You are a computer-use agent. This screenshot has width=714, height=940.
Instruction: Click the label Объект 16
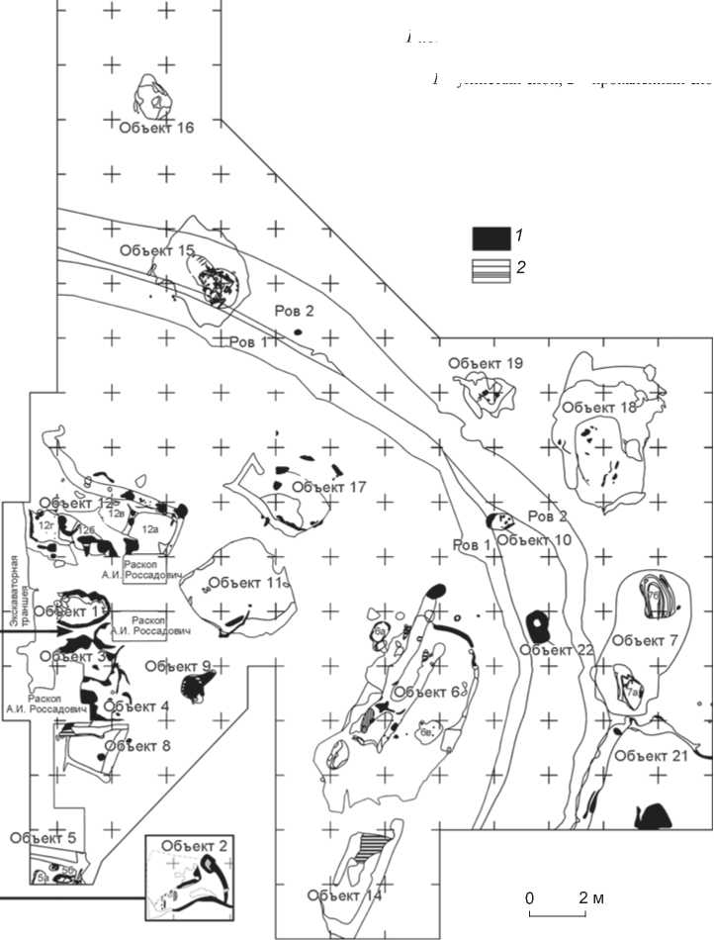[x=156, y=127]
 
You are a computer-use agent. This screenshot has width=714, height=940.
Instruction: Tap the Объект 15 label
[x=157, y=250]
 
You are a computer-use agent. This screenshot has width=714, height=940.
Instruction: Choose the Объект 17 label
[x=330, y=486]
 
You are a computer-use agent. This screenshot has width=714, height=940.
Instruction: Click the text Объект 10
[x=535, y=539]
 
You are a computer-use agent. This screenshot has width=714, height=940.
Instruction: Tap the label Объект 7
[x=644, y=640]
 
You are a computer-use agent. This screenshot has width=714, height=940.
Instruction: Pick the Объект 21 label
[x=649, y=756]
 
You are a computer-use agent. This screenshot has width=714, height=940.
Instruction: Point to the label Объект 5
[x=43, y=838]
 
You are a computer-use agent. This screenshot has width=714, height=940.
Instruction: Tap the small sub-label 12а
[x=151, y=530]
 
